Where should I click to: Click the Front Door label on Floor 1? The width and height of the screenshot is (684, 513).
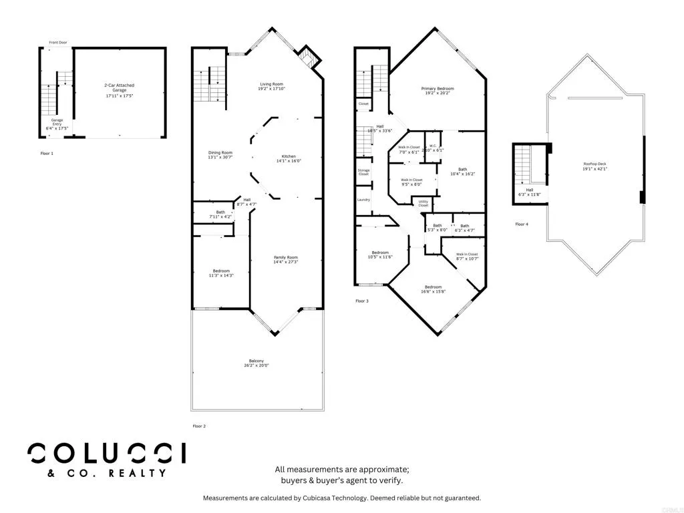[x=57, y=43]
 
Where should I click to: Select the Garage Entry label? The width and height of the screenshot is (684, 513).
[x=57, y=124]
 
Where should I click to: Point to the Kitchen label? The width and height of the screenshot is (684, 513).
[x=288, y=157]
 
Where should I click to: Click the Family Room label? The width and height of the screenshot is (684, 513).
[x=285, y=258]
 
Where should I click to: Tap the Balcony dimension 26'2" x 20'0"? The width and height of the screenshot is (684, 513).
[x=258, y=365]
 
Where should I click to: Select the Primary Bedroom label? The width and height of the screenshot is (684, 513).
[x=438, y=89]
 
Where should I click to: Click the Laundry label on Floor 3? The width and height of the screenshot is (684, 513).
[x=364, y=199]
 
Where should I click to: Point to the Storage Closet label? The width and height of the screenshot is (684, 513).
[x=364, y=172]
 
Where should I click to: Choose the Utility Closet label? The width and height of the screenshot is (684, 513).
[x=423, y=204]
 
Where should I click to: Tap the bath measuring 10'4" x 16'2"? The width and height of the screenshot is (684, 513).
[x=463, y=172]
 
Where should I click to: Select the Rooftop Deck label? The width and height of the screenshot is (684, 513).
[x=594, y=166]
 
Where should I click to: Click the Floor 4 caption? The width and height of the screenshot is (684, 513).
[x=521, y=224]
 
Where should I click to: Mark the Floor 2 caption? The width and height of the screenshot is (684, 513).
[x=199, y=425]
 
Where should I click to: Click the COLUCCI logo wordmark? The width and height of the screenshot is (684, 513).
[x=107, y=454]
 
